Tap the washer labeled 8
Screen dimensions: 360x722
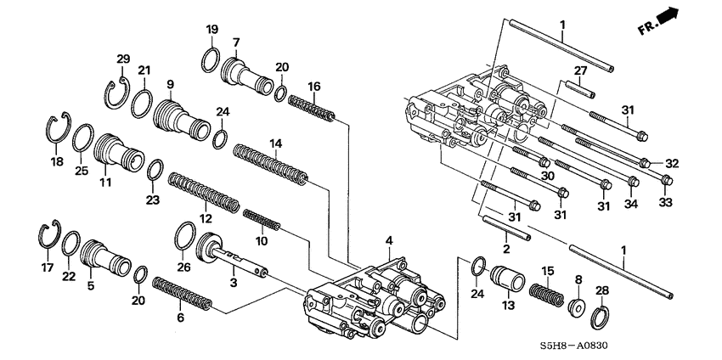point(577,307)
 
